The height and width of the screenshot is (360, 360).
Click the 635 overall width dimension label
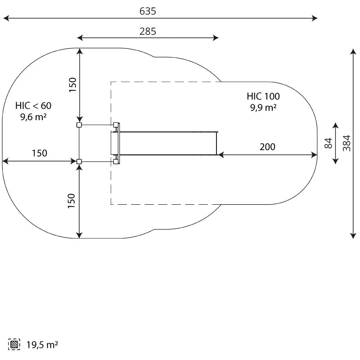(148, 11)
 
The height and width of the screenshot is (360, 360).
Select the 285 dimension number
(148, 31)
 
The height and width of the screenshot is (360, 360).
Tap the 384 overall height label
(346, 143)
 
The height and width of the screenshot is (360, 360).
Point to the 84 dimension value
(328, 143)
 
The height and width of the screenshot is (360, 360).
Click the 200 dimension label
(267, 147)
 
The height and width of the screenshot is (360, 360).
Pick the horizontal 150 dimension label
(40, 153)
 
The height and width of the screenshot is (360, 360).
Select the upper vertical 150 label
(72, 85)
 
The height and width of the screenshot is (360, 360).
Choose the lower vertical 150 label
(72, 201)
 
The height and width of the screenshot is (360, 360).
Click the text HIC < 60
(33, 106)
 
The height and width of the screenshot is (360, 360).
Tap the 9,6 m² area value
(33, 117)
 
